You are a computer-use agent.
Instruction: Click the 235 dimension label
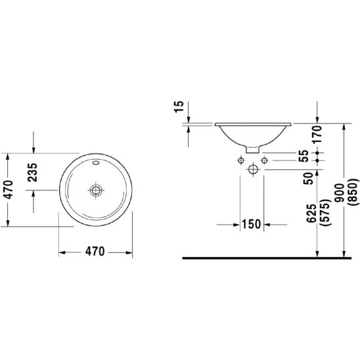point(32,172)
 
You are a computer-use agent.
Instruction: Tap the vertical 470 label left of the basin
point(9,190)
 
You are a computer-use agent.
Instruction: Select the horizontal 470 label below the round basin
point(95,252)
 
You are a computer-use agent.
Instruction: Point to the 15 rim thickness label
point(179,106)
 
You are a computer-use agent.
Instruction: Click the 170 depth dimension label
point(317,135)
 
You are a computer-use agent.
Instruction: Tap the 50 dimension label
point(308,179)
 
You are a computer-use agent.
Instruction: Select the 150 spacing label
point(252,224)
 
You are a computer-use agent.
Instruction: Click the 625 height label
point(311,214)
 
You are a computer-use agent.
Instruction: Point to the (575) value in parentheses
point(326,213)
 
